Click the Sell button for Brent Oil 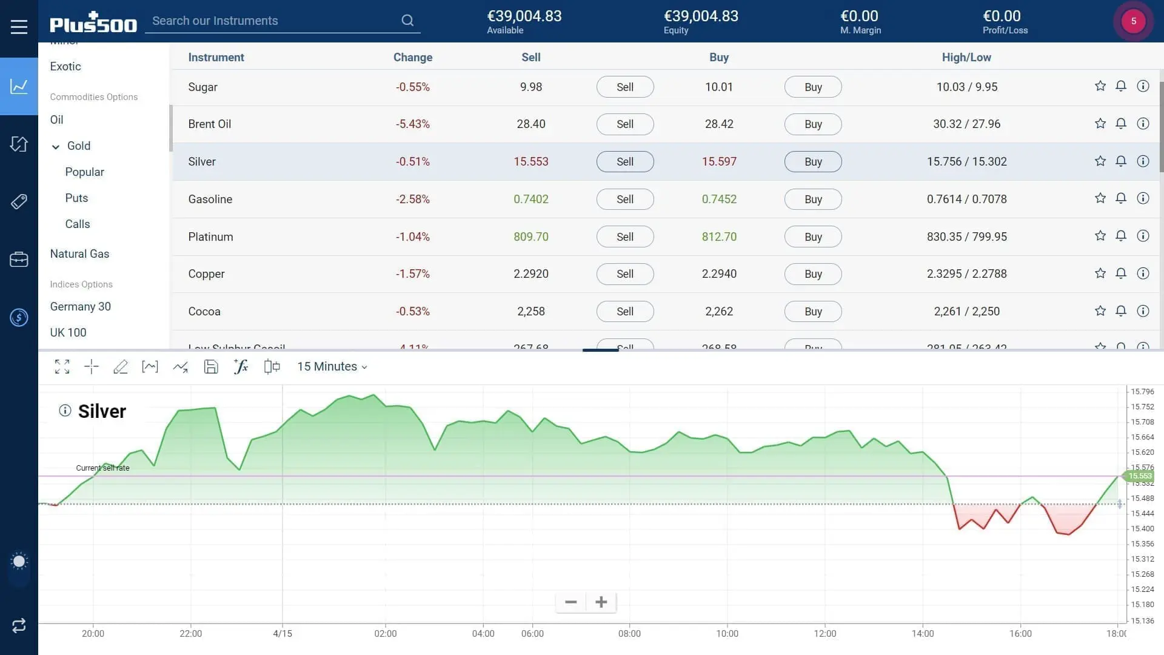[x=624, y=124]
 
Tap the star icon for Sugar [x=1100, y=86]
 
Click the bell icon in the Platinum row [x=1121, y=236]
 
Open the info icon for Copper [x=1143, y=274]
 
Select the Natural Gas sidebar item [x=79, y=254]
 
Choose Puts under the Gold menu [x=76, y=198]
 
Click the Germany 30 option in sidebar [x=80, y=307]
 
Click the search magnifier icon [x=407, y=21]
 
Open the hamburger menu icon [x=19, y=27]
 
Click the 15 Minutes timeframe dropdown [x=332, y=367]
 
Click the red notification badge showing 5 [x=1133, y=21]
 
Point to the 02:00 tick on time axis [x=386, y=634]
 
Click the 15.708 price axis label [x=1142, y=422]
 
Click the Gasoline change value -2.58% [x=412, y=200]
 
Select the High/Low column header [x=966, y=58]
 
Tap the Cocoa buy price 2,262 [x=719, y=312]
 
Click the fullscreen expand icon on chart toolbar [x=62, y=367]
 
